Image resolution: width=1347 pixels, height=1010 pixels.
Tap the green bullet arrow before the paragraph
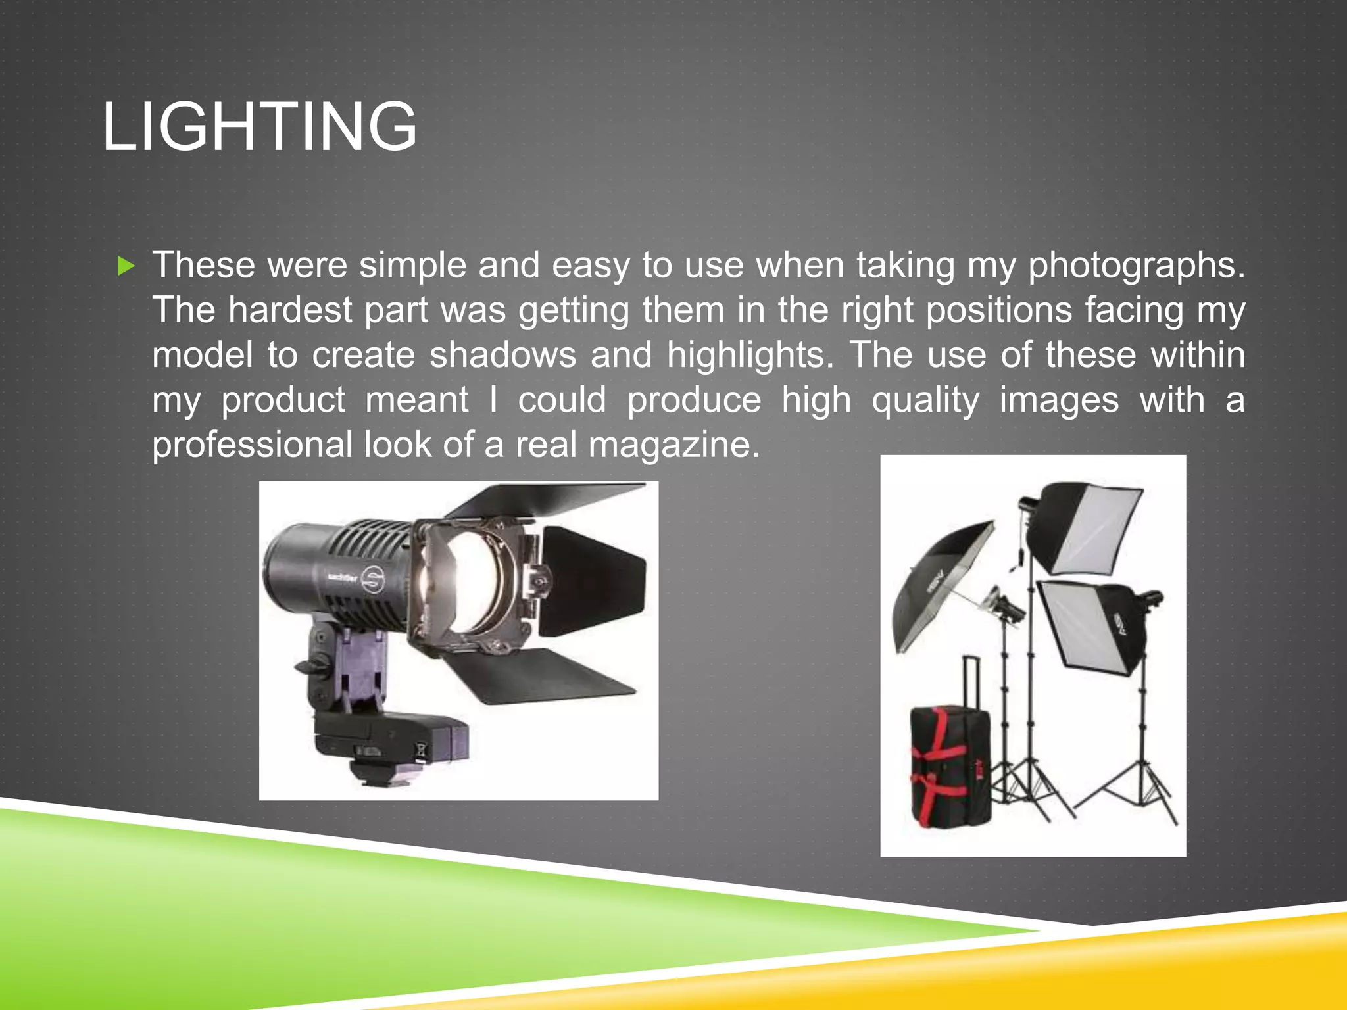tap(125, 266)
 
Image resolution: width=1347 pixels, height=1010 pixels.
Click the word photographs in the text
tap(1136, 266)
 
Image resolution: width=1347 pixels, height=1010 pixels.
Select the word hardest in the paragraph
tap(290, 310)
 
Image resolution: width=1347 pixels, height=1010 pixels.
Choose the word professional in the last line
tap(253, 445)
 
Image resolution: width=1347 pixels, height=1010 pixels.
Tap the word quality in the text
tap(925, 400)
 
